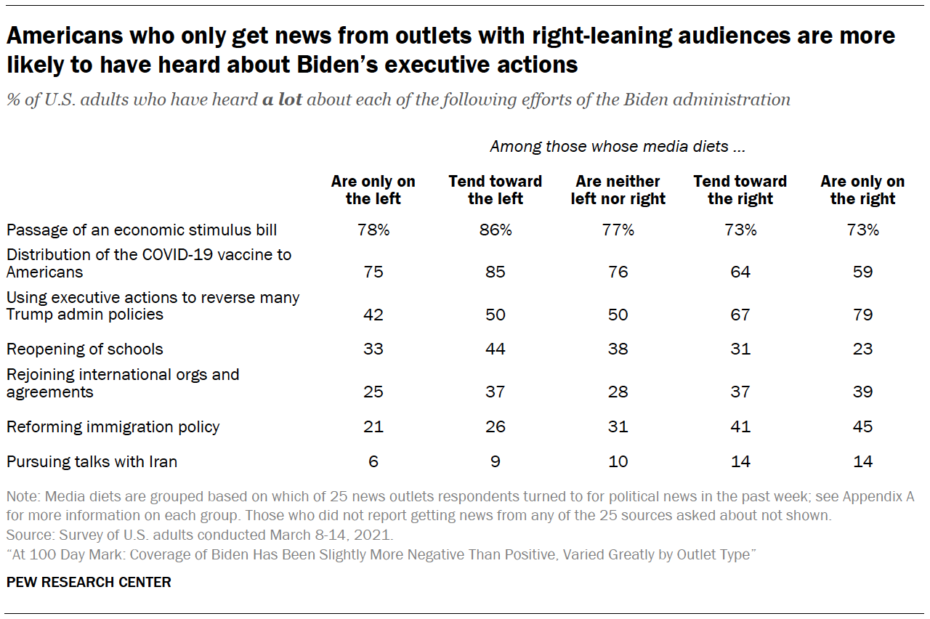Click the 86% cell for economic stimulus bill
pos(495,230)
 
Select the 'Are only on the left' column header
pos(373,190)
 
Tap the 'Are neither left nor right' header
pos(618,190)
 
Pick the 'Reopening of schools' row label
pos(85,349)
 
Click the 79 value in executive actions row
pos(863,315)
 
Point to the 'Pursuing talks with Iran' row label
pos(92,461)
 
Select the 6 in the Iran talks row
pos(373,461)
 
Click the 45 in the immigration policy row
pos(863,426)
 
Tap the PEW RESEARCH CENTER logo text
pos(89,582)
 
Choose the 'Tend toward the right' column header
pos(740,190)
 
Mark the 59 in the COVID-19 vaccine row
pos(863,272)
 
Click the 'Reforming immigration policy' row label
pos(113,426)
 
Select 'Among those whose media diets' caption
pos(618,147)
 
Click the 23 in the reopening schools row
pos(863,349)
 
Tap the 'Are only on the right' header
pos(862,190)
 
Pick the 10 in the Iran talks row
pos(618,461)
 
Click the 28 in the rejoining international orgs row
pos(618,392)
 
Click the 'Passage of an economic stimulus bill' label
pos(142,230)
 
